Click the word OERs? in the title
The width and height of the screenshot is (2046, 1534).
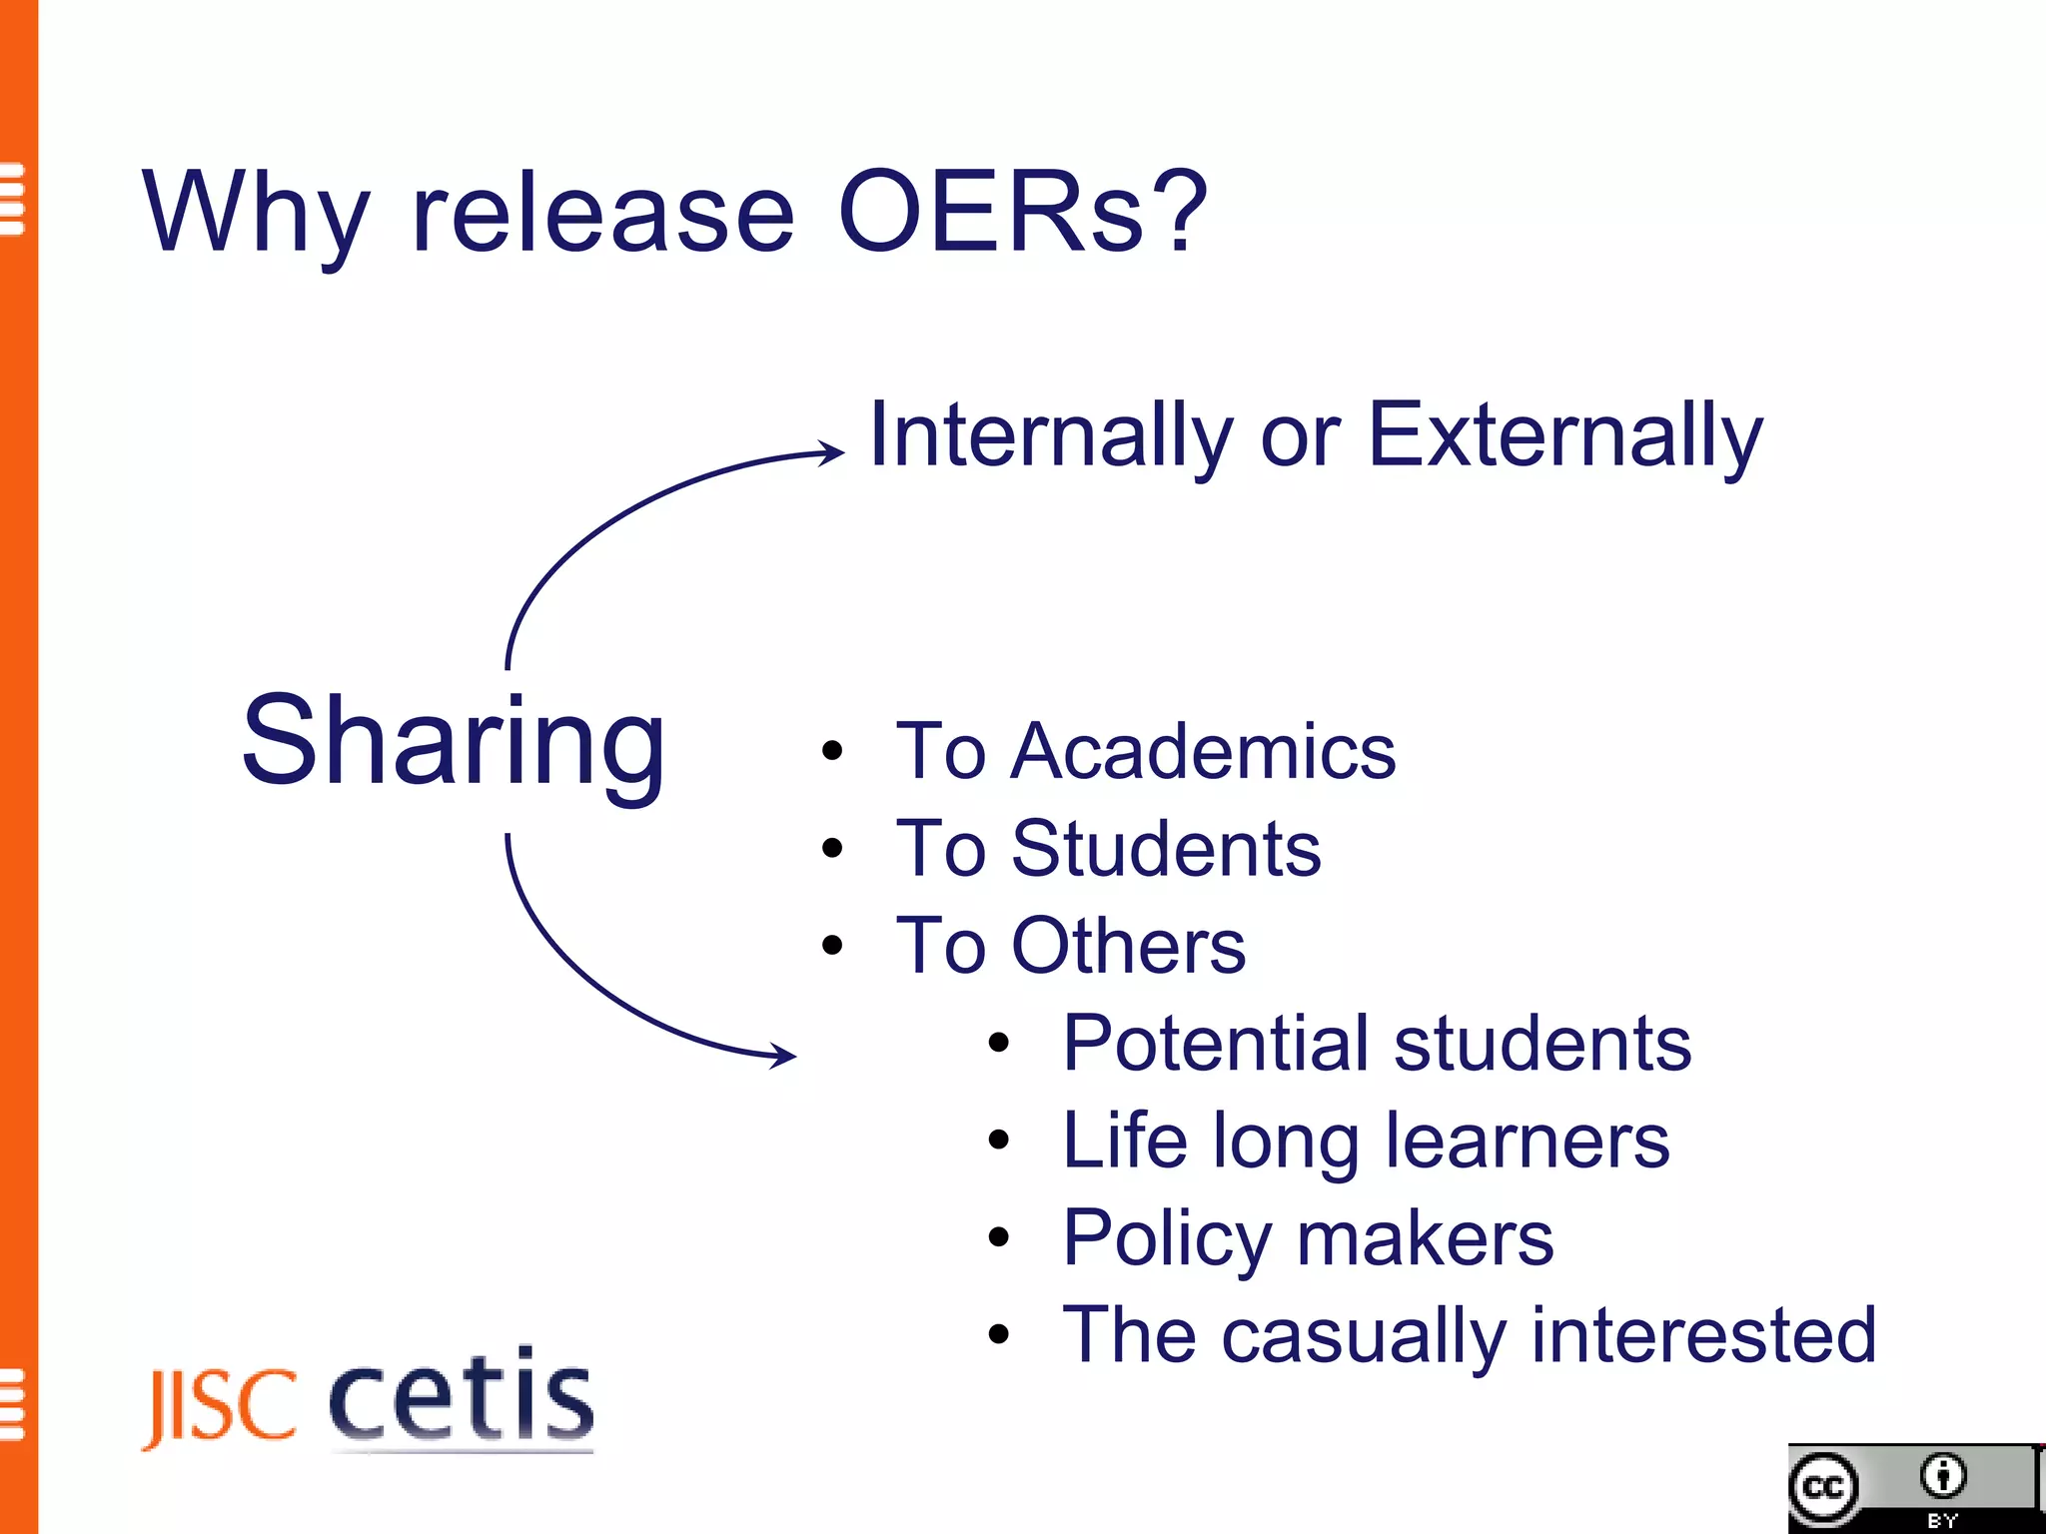(x=1023, y=212)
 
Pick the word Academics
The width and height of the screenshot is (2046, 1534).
(x=1203, y=751)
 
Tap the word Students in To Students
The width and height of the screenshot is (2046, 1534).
(x=1166, y=849)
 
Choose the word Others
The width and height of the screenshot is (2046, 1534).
(x=1129, y=946)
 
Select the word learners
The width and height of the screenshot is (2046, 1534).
(x=1528, y=1141)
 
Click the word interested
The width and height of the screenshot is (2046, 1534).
(x=1703, y=1334)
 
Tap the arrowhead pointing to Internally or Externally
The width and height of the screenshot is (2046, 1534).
(x=831, y=452)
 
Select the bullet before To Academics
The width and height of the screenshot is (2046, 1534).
(x=832, y=751)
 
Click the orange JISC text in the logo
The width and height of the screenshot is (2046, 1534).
(x=221, y=1406)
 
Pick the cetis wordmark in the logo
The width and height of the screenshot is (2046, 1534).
(x=462, y=1396)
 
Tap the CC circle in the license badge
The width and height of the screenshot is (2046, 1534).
(x=1824, y=1488)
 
